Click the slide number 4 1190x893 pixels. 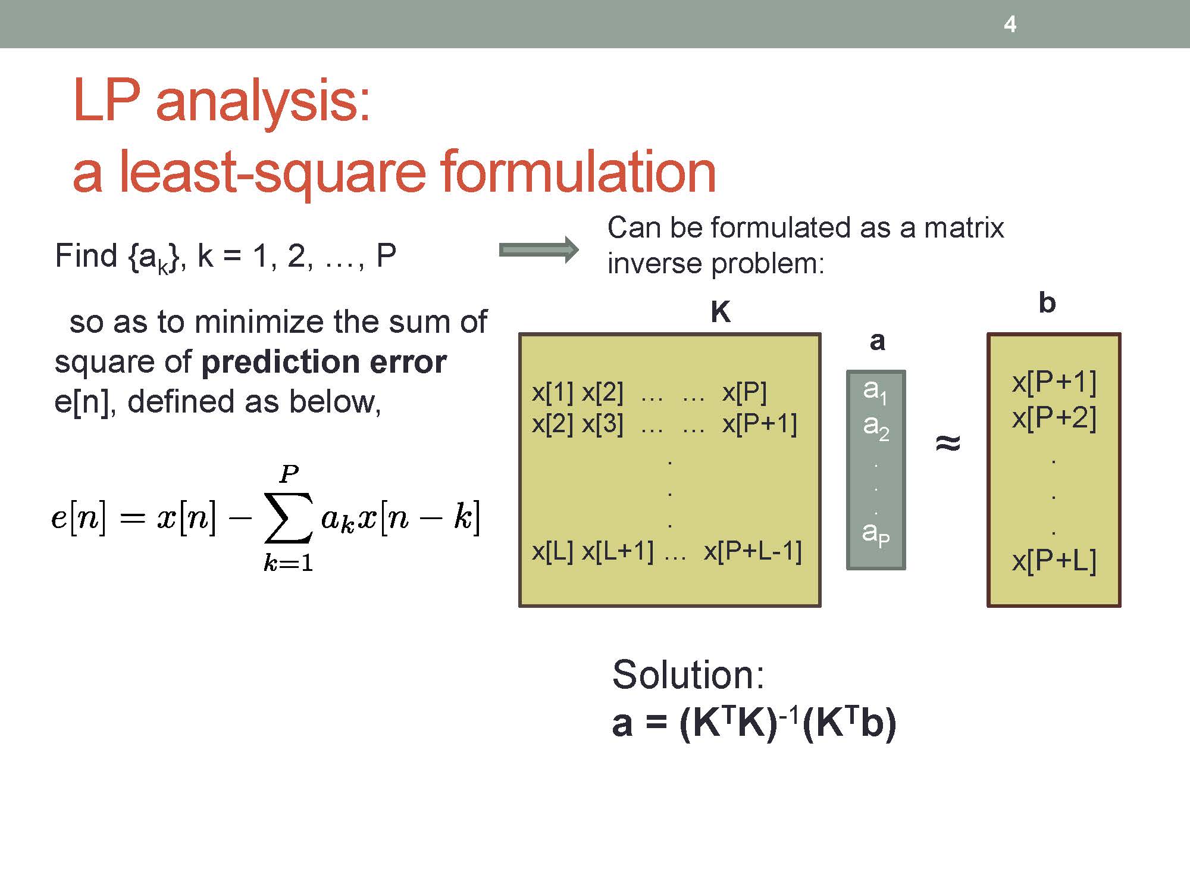tap(1010, 24)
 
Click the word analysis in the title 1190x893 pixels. tap(263, 102)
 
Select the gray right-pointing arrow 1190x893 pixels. tap(538, 250)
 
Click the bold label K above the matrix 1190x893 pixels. tap(721, 312)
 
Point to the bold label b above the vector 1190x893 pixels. tap(1047, 302)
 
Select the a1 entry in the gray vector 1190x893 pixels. tap(875, 391)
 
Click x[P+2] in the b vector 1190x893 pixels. tap(1054, 418)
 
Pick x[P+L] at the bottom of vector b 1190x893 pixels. tap(1054, 561)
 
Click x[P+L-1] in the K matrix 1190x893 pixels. tap(753, 551)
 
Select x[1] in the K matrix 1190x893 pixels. tap(553, 392)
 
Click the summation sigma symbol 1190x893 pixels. tap(289, 517)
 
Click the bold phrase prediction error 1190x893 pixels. tap(324, 362)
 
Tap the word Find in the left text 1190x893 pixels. tap(86, 256)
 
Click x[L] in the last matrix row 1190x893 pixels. tap(553, 551)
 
